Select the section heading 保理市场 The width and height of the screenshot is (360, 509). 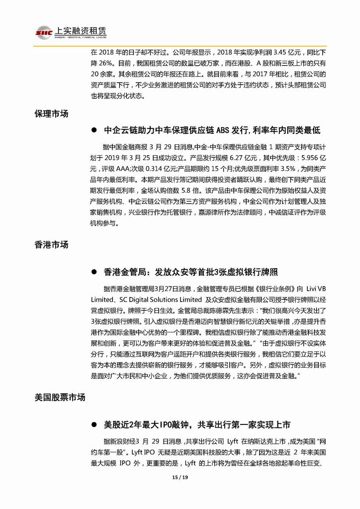point(51,113)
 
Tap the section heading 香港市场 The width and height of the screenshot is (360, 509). point(51,245)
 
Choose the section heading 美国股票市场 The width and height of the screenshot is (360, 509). point(60,398)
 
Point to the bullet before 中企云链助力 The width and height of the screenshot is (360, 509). point(93,130)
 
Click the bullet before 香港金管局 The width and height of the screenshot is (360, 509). point(93,272)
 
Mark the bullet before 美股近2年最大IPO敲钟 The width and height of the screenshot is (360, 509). point(93,425)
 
